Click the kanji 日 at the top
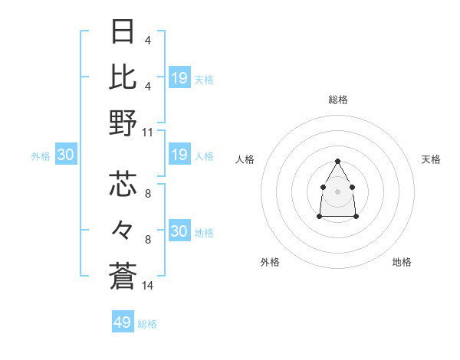(x=123, y=32)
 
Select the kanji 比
(x=123, y=77)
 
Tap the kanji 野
(x=123, y=123)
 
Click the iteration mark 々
(x=123, y=229)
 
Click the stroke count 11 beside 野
(x=148, y=132)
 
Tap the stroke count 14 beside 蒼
(x=148, y=286)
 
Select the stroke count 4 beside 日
(x=148, y=41)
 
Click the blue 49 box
(x=123, y=322)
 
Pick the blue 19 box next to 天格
(x=179, y=77)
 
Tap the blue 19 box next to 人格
(x=179, y=155)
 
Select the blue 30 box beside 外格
(x=65, y=155)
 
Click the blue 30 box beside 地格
(x=179, y=231)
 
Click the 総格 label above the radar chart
(x=337, y=100)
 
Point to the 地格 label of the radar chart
(x=402, y=262)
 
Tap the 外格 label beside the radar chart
(x=270, y=262)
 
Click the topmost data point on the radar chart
(x=337, y=161)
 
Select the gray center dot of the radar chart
(x=337, y=190)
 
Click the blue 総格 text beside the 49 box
(x=148, y=324)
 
